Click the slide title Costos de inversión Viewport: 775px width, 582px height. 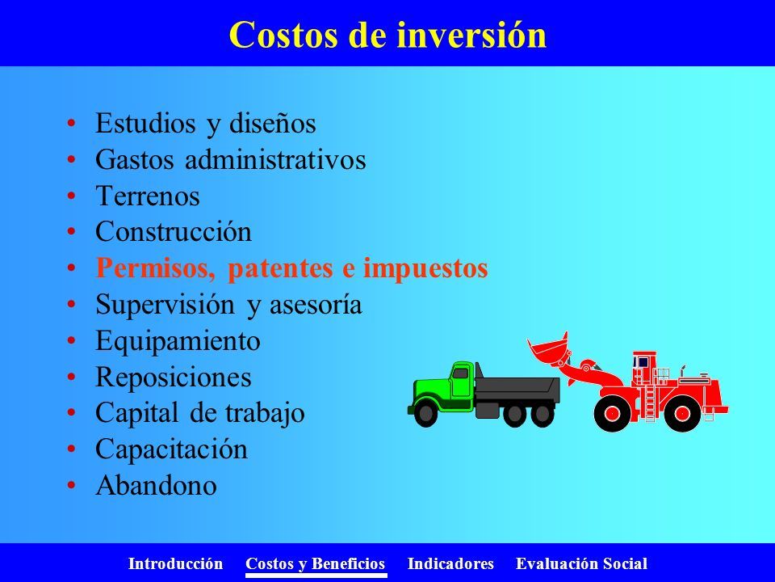[x=387, y=35]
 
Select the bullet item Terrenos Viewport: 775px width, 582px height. [x=147, y=196]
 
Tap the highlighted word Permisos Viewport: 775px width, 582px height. [x=156, y=269]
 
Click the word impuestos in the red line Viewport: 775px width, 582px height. [x=425, y=269]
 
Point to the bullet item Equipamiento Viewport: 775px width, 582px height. [x=178, y=341]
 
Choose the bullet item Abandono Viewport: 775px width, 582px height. [x=156, y=485]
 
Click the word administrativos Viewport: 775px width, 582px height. [x=276, y=160]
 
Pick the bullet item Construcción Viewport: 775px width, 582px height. [x=174, y=232]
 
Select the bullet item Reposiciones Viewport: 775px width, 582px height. [x=174, y=377]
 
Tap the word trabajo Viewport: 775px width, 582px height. [x=265, y=414]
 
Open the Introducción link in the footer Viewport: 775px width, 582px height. [x=175, y=563]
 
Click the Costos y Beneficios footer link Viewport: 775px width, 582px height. [x=316, y=564]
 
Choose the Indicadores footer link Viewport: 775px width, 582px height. [x=450, y=563]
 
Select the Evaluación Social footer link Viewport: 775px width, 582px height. [x=581, y=563]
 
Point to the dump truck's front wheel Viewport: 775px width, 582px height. [x=425, y=414]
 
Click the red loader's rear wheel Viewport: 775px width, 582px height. [x=683, y=414]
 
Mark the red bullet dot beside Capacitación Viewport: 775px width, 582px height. [x=72, y=449]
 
